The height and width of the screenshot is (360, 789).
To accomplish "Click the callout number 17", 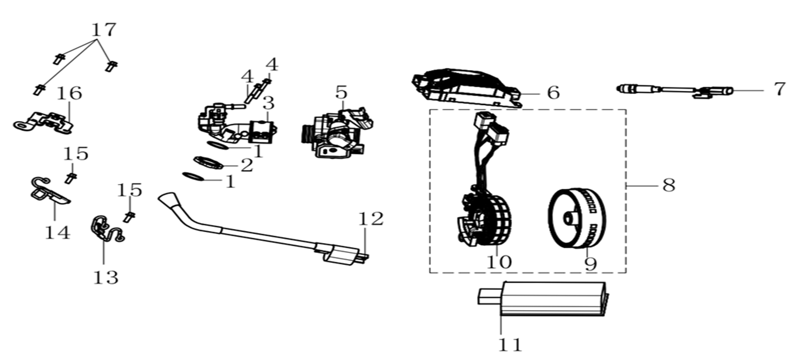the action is (104, 30).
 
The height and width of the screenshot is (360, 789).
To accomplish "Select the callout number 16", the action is (70, 93).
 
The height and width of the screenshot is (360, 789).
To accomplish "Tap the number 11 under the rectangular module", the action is (510, 345).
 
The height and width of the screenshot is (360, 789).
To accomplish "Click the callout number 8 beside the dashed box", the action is (669, 186).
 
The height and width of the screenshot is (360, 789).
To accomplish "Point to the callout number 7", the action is (780, 89).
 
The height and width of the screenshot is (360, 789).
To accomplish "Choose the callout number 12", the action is (371, 219).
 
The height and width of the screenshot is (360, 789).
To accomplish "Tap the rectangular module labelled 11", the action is (543, 299).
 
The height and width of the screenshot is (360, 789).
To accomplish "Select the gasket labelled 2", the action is (209, 162).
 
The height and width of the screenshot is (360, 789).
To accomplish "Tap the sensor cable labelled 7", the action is (675, 90).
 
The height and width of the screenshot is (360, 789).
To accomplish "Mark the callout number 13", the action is (105, 277).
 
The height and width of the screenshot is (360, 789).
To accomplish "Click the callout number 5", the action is (341, 92).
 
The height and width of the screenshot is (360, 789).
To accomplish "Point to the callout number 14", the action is (58, 232).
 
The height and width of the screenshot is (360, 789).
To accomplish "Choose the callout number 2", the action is (247, 165).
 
